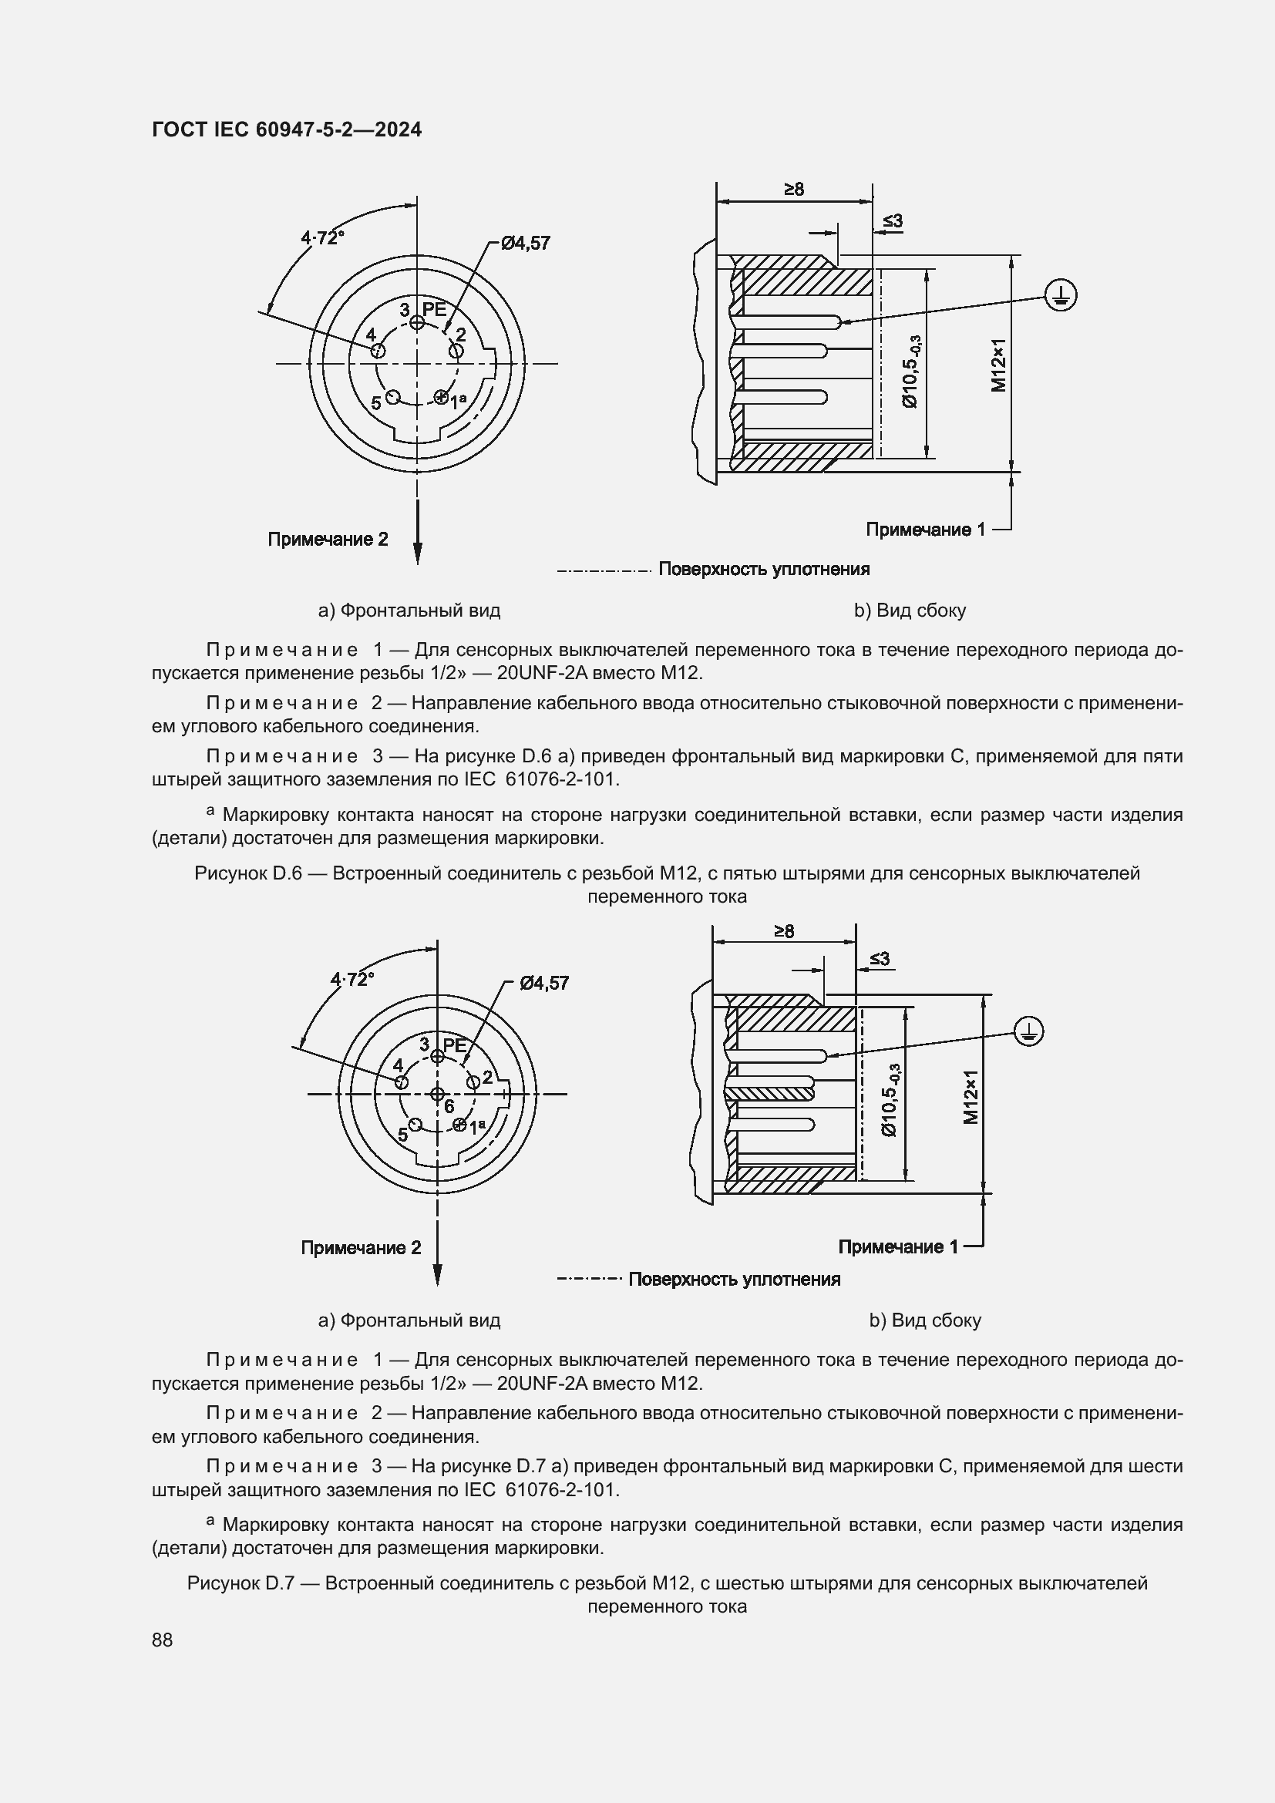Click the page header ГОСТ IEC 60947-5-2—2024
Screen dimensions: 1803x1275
(x=287, y=130)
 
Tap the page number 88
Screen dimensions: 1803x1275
(x=163, y=1640)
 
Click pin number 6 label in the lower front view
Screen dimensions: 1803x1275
(x=449, y=1106)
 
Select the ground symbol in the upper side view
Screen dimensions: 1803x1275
(x=1061, y=296)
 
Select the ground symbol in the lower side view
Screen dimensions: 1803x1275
(x=1028, y=1031)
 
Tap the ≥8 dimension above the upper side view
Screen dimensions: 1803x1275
(x=793, y=190)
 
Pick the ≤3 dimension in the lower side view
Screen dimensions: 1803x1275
(x=880, y=960)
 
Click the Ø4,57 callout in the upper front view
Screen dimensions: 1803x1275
(x=526, y=244)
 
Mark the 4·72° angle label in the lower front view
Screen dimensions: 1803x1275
(x=352, y=979)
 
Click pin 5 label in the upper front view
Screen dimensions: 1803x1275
(x=376, y=403)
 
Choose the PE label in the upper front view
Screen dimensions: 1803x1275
(x=434, y=309)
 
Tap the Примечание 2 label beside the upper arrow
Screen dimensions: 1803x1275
(x=328, y=540)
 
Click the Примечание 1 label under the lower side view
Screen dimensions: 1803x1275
(x=898, y=1246)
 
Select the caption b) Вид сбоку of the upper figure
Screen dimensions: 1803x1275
(x=910, y=611)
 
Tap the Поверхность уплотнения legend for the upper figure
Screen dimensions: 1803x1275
(x=763, y=570)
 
